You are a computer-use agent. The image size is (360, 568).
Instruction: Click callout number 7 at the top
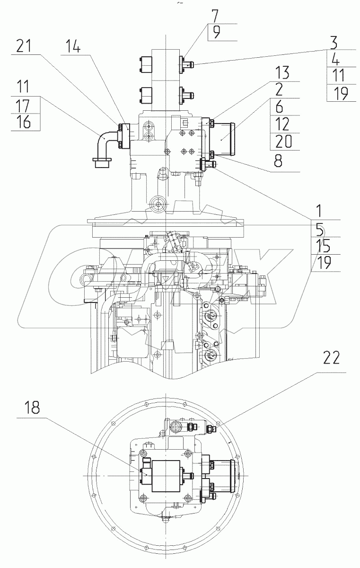coord(215,16)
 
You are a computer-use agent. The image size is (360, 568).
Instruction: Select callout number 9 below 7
coord(216,33)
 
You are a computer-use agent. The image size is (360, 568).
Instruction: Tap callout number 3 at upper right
coord(334,42)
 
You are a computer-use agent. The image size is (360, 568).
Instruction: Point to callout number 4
coord(335,59)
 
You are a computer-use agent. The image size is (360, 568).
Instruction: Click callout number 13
coord(282,72)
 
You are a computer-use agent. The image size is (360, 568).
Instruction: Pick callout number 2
coord(279,89)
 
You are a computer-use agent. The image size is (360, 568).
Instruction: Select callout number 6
coord(279,107)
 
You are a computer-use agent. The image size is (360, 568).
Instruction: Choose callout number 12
coord(281,124)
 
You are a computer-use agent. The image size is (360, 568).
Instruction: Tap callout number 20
coord(283,141)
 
